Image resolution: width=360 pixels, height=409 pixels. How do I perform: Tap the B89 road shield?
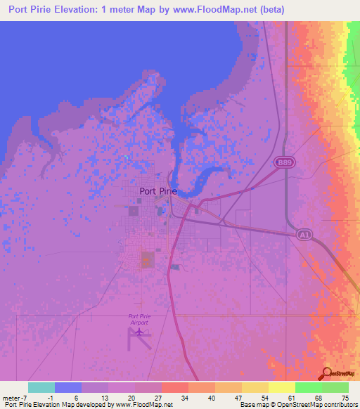coord(283,163)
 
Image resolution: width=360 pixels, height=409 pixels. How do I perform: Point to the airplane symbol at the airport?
coord(139,331)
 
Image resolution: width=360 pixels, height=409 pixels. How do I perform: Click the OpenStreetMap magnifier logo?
coord(328,374)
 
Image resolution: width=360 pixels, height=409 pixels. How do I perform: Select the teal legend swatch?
coord(41,387)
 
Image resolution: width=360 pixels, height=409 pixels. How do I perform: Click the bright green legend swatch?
coord(308,387)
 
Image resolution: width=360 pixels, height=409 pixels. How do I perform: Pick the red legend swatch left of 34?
coord(174,387)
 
